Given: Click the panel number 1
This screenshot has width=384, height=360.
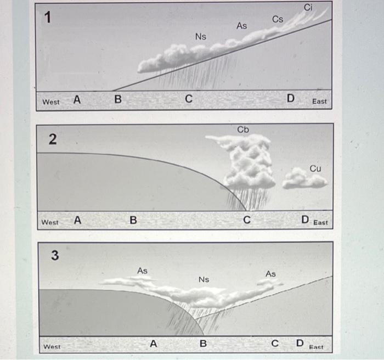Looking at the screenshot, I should (x=49, y=18).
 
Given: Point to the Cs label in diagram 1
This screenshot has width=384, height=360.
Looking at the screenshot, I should (x=278, y=19).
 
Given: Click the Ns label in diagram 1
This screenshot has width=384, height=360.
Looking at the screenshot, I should (x=201, y=36).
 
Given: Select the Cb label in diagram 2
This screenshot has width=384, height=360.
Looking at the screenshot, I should (x=243, y=130).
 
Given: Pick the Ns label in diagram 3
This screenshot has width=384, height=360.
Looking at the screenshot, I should (x=204, y=279).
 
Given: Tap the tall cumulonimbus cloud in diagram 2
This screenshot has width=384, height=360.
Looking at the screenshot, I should (x=246, y=162).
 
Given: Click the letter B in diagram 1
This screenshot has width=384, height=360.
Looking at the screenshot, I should (x=117, y=100).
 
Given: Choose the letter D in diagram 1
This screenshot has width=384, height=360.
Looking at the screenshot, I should (x=290, y=99).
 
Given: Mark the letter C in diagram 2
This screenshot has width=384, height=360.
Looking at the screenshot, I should (x=247, y=221).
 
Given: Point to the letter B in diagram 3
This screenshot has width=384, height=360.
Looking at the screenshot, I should (x=203, y=344).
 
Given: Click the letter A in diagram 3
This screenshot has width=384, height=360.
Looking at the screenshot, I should (x=154, y=344).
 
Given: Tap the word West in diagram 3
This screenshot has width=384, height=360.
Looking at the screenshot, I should (x=52, y=347).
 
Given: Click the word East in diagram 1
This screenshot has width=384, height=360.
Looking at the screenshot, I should (x=319, y=102).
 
